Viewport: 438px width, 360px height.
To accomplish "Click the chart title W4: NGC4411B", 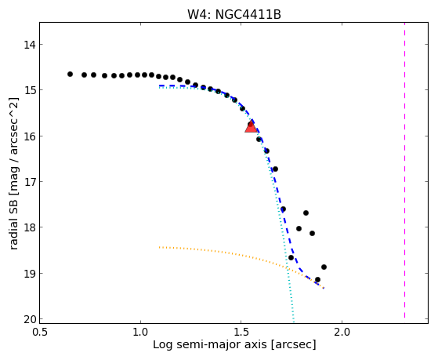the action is point(233,14).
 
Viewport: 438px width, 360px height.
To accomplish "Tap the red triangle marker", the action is point(251,127).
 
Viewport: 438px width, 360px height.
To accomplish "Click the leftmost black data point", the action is point(70,75).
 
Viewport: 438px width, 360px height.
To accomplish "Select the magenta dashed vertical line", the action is point(404,170).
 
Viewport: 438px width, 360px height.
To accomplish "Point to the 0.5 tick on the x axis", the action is point(39,332).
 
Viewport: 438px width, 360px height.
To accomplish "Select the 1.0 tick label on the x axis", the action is point(140,332).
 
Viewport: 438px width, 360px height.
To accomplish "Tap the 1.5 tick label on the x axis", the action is point(241,332).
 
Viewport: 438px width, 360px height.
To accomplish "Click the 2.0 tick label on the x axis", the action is point(342,332).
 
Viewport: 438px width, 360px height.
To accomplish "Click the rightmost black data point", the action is point(324,267).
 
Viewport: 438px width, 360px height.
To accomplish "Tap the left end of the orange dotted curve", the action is point(159,247).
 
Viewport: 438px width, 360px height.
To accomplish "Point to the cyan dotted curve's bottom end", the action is point(294,322).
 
